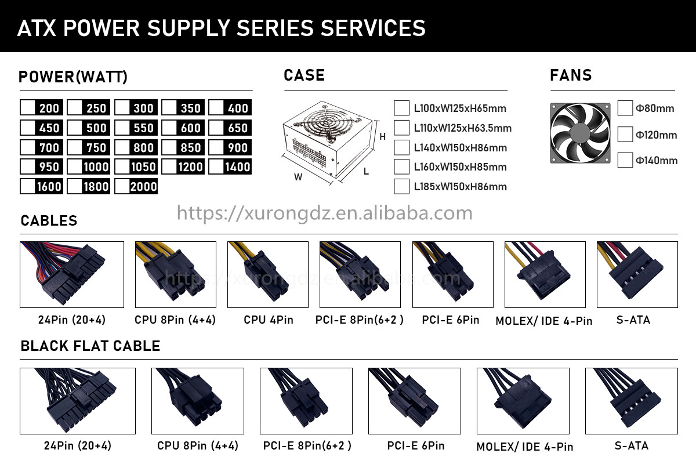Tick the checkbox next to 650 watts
tap(216, 128)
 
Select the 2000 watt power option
tap(136, 186)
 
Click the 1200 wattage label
tap(190, 167)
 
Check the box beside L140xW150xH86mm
tap(401, 147)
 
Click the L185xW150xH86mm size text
tap(460, 187)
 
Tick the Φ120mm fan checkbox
tap(625, 134)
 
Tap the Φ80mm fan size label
tap(655, 108)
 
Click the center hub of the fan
tap(580, 133)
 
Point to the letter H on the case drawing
tap(382, 136)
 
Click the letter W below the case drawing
tap(298, 177)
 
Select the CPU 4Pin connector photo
tap(268, 274)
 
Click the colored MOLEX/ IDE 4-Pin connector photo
tap(545, 274)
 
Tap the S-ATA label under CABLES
tap(633, 320)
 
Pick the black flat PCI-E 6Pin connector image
tap(415, 401)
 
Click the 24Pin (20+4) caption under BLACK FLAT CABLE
tap(77, 445)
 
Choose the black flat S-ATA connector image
tap(632, 401)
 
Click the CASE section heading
tap(304, 75)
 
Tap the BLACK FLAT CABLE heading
tap(90, 346)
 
